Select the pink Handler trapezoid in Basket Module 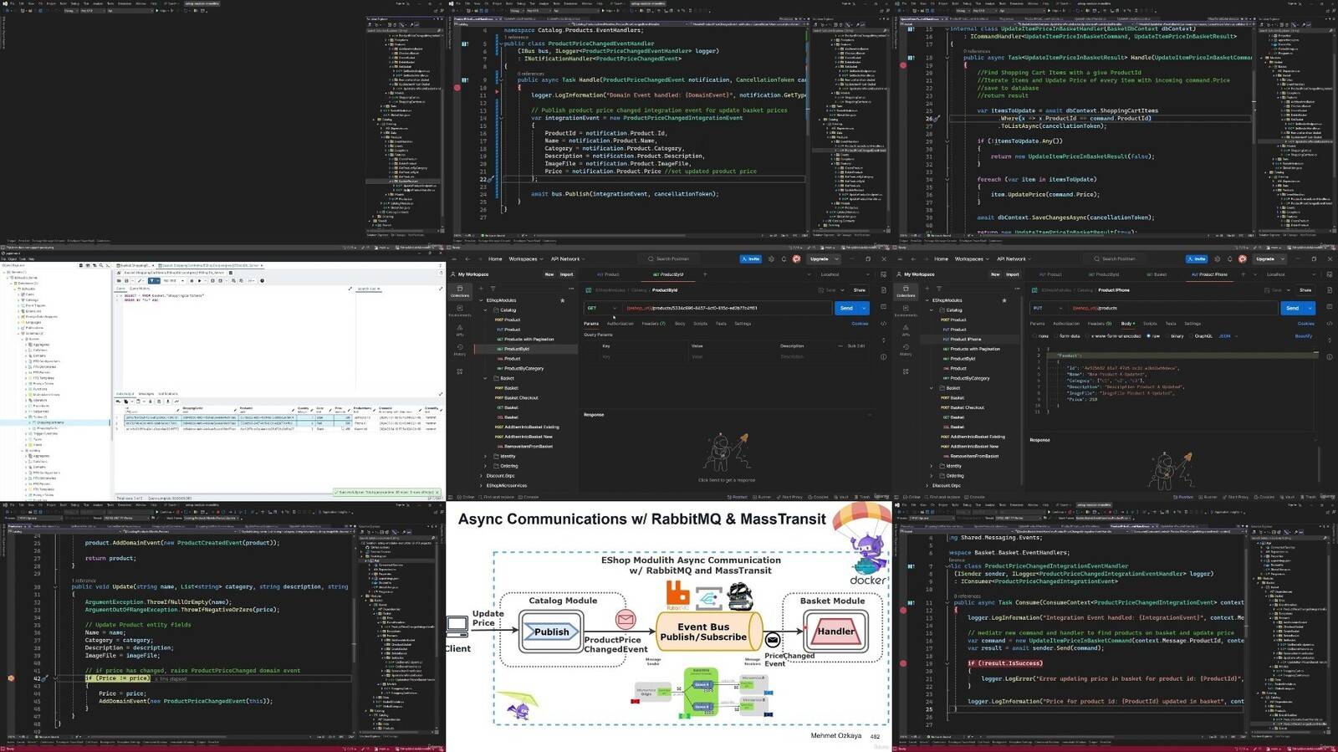pyautogui.click(x=835, y=631)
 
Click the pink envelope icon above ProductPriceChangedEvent pyautogui.click(x=625, y=619)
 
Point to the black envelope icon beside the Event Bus pyautogui.click(x=773, y=640)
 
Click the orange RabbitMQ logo pyautogui.click(x=677, y=594)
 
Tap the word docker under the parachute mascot pyautogui.click(x=867, y=580)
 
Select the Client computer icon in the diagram pyautogui.click(x=457, y=626)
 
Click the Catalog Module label pyautogui.click(x=563, y=601)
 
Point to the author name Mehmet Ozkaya pyautogui.click(x=835, y=736)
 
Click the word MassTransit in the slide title pyautogui.click(x=783, y=519)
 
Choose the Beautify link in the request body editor pyautogui.click(x=1304, y=336)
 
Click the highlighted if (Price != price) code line pyautogui.click(x=117, y=678)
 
